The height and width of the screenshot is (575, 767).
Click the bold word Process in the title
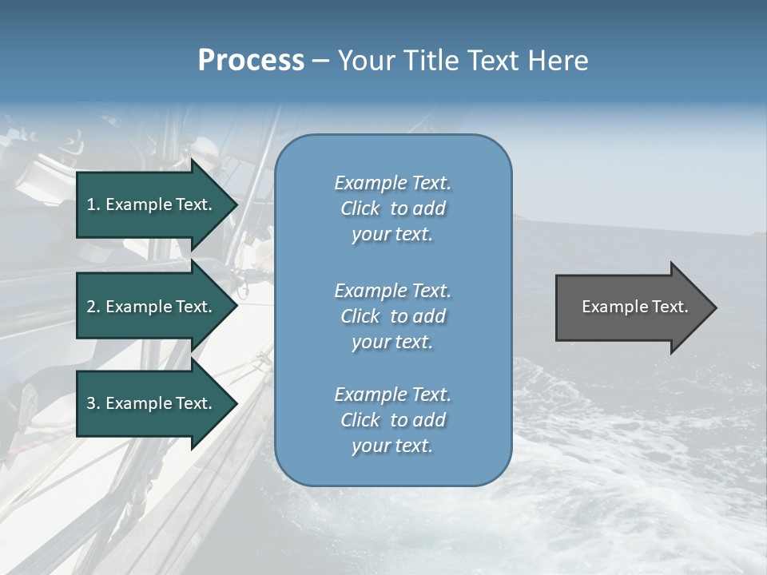251,61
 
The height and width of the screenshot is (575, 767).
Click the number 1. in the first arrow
93,204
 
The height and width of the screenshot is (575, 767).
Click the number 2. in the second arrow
93,307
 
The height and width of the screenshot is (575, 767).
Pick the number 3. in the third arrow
93,403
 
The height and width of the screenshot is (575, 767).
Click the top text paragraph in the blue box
392,208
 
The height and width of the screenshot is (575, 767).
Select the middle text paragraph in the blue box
392,316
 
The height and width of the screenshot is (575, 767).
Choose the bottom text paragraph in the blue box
392,420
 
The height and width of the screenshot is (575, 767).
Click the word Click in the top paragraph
360,208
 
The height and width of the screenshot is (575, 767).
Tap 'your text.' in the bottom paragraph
392,446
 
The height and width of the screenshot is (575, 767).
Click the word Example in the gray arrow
609,307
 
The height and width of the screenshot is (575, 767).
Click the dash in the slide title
321,61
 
